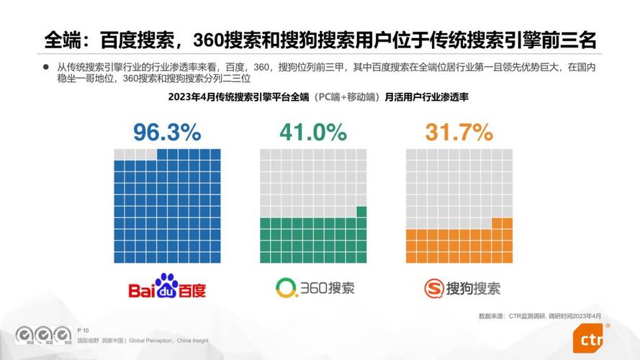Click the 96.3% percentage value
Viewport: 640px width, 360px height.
(x=167, y=132)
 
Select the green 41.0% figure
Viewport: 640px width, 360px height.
(x=313, y=132)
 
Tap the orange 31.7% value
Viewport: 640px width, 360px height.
(x=459, y=132)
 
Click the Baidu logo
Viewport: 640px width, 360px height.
(x=167, y=287)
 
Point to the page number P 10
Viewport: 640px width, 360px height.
(x=84, y=329)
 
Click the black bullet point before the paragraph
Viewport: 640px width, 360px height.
(x=45, y=67)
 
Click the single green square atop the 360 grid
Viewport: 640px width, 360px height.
(x=361, y=211)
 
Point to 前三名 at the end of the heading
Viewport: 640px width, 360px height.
(x=572, y=38)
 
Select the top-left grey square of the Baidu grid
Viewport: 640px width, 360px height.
(x=120, y=154)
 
